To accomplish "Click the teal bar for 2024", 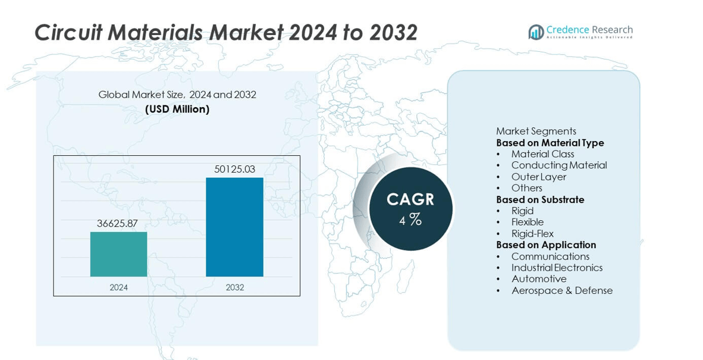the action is (x=119, y=254).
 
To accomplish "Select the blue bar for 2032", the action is (x=234, y=227).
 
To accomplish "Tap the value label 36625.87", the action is (x=118, y=223).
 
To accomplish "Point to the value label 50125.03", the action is (x=234, y=169).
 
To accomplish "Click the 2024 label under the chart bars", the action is (x=119, y=287).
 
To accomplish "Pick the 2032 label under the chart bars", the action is (x=235, y=287).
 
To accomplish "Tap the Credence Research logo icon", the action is (x=536, y=32).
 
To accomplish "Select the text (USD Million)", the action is (x=178, y=109).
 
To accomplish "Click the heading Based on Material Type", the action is (x=550, y=143).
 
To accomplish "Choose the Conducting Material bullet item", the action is (x=559, y=165).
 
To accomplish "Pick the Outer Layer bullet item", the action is (x=539, y=177).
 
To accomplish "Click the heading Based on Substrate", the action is (x=540, y=199).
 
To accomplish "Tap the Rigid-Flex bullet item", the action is (x=533, y=234).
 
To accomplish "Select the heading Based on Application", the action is (x=546, y=245).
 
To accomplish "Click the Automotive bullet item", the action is (x=539, y=279).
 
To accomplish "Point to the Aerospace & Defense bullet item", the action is (x=562, y=290).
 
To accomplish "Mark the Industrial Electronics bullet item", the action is (x=557, y=268).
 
